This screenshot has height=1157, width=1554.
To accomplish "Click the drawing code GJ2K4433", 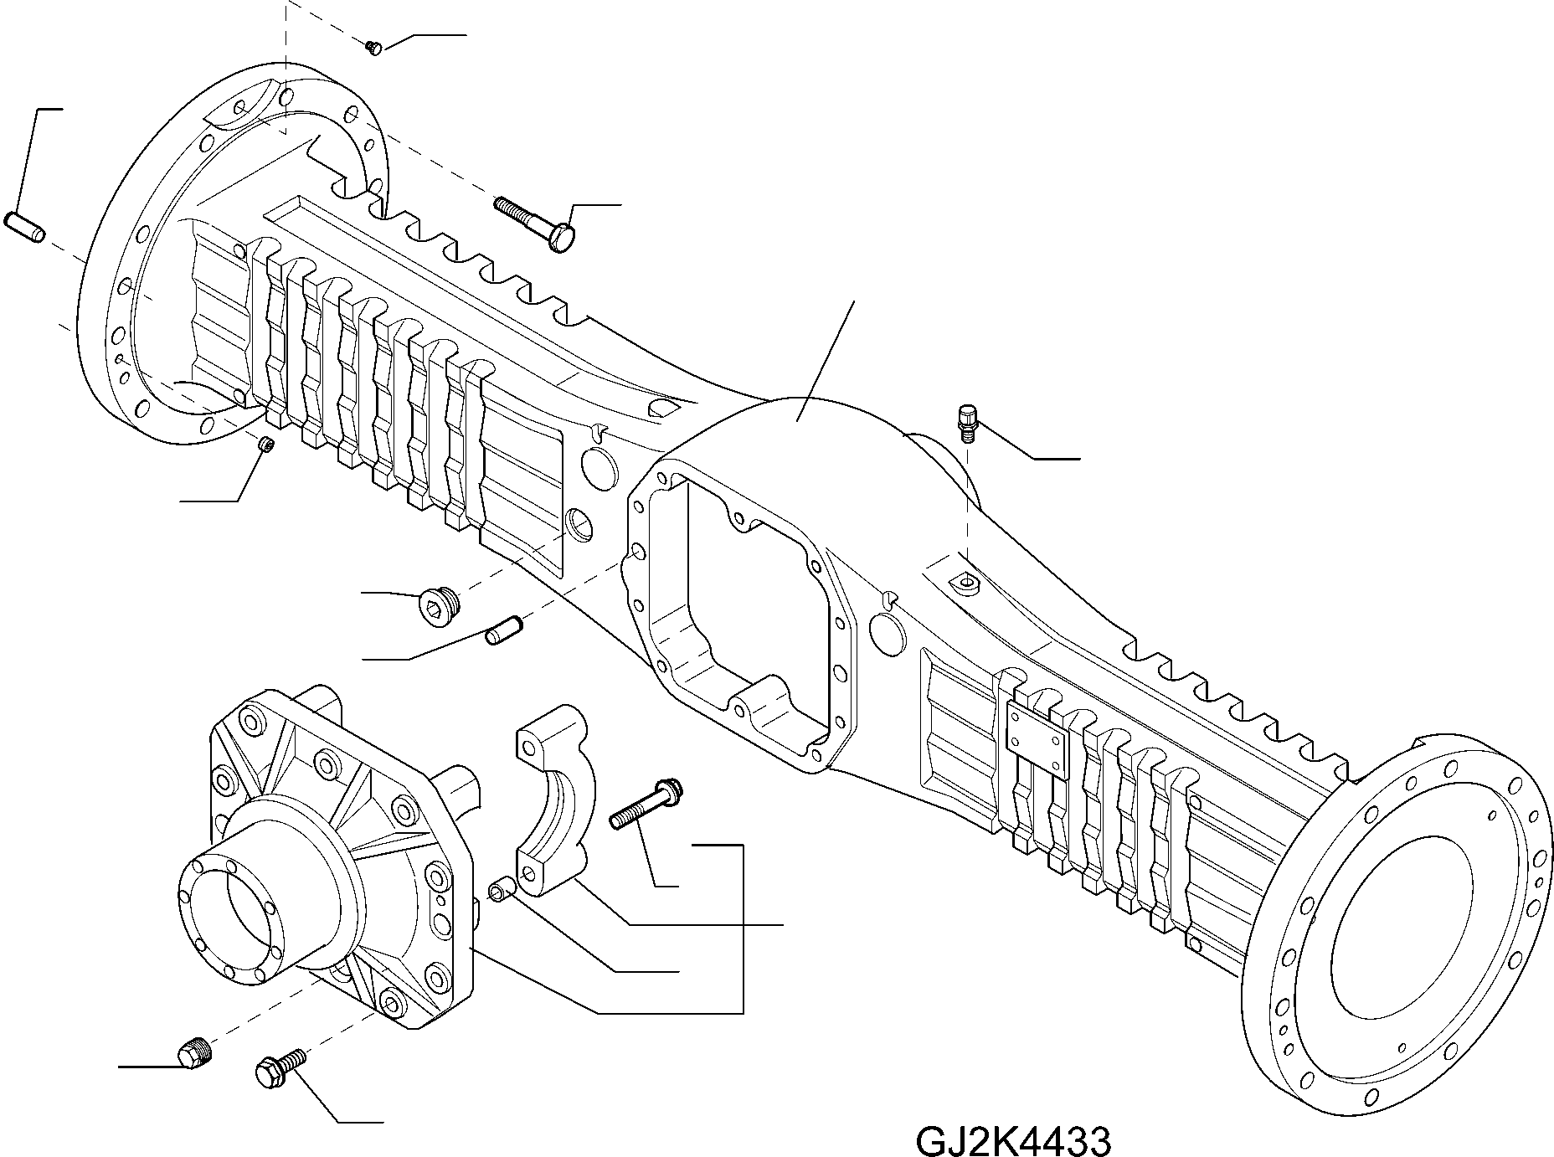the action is coord(1013,1139).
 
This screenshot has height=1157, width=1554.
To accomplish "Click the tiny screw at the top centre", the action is coord(374,48).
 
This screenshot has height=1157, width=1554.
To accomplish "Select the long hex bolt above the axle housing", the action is coord(535,222).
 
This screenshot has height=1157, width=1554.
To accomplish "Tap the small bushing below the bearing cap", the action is coord(503,889).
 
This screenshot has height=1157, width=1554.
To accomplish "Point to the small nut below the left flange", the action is coord(266,445).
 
